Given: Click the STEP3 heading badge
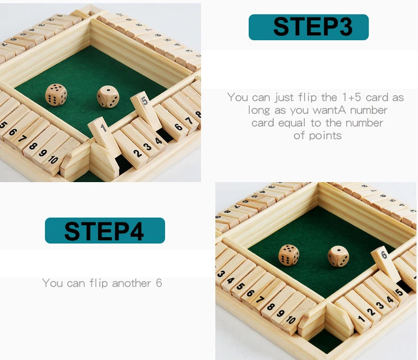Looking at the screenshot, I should tap(308, 27).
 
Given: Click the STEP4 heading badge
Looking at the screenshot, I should tap(105, 231).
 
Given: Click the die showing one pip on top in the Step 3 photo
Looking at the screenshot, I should tap(108, 97).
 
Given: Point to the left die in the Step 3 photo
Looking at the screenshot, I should tap(56, 95).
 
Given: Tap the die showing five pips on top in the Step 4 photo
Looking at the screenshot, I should tap(289, 255).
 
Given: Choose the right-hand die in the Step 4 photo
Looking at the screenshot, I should tap(338, 256).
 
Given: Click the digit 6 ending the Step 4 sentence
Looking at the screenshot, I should tap(159, 283).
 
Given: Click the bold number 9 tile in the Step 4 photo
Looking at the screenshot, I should tap(280, 313).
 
